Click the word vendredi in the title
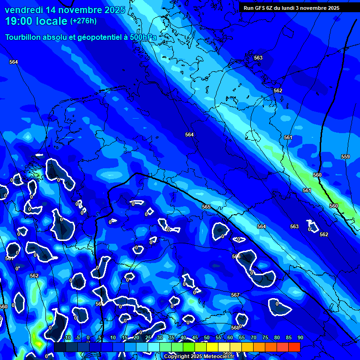click(x=23, y=10)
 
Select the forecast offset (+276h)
click(x=83, y=21)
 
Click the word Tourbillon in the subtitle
click(x=23, y=37)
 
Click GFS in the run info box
click(x=262, y=8)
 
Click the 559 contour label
click(x=345, y=157)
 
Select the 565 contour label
click(x=206, y=207)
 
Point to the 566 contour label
click(x=236, y=256)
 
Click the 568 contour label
click(x=235, y=328)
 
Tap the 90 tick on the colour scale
click(x=300, y=337)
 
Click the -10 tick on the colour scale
click(x=67, y=337)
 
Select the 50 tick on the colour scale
click(x=206, y=337)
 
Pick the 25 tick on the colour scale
click(x=148, y=337)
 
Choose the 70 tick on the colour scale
click(x=253, y=337)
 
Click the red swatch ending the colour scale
click(x=294, y=347)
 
